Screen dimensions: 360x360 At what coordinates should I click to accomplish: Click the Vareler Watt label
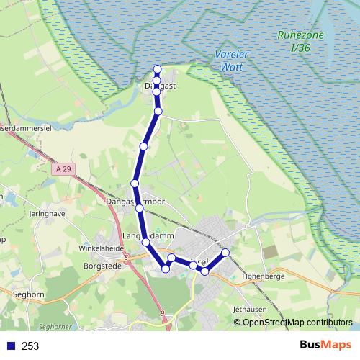[230, 59]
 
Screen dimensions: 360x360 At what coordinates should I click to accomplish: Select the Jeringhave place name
[48, 214]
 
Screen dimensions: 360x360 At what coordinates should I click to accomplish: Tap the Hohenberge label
[264, 276]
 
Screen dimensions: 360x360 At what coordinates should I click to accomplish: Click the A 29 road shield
[63, 168]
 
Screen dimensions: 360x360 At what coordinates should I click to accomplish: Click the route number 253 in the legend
[30, 346]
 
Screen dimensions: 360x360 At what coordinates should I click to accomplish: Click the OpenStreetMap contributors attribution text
[297, 322]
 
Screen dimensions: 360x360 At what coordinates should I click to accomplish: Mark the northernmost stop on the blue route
[158, 69]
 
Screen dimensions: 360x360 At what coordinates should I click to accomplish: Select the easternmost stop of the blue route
[225, 252]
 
